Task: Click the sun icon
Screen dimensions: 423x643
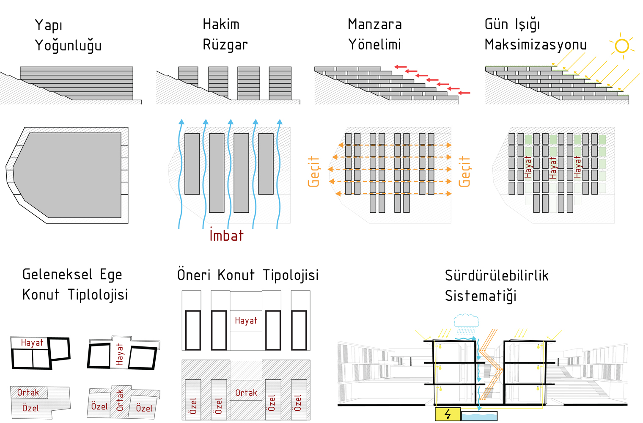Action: (622, 46)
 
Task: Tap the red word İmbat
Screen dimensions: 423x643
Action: (226, 235)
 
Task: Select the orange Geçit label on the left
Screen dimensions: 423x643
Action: (313, 171)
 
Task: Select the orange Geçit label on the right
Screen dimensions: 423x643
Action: (464, 171)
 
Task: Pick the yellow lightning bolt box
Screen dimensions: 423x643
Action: (448, 414)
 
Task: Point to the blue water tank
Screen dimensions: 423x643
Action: (479, 416)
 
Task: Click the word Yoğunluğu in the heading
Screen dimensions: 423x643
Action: (68, 46)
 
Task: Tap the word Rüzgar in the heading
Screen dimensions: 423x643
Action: (225, 45)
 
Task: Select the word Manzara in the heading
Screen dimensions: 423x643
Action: (375, 25)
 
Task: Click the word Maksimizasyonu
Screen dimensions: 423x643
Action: (536, 45)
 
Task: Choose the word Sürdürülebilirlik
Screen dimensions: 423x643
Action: (497, 276)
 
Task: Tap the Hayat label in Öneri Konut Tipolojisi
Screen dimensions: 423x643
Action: (246, 321)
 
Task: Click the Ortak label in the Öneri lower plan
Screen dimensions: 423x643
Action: (246, 393)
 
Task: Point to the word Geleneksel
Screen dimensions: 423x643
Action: (57, 275)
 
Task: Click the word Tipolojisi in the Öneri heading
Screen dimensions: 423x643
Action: (291, 275)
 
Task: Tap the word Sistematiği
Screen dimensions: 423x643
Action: (481, 296)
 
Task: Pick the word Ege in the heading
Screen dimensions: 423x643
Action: (111, 275)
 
